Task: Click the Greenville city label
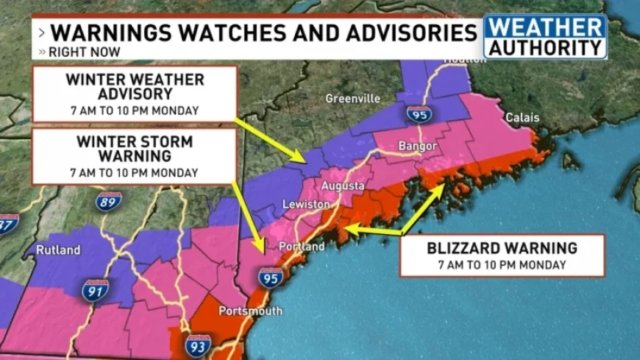coord(353,98)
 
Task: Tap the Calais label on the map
coord(522,118)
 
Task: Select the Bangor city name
coord(418,146)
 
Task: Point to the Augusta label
coord(342,186)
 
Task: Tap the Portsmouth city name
coord(250,311)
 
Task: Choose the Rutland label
coord(58,250)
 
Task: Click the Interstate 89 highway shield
coord(107,200)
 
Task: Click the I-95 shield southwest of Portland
coord(270,277)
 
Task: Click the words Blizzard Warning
coord(502,247)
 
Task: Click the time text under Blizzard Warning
coord(502,265)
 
